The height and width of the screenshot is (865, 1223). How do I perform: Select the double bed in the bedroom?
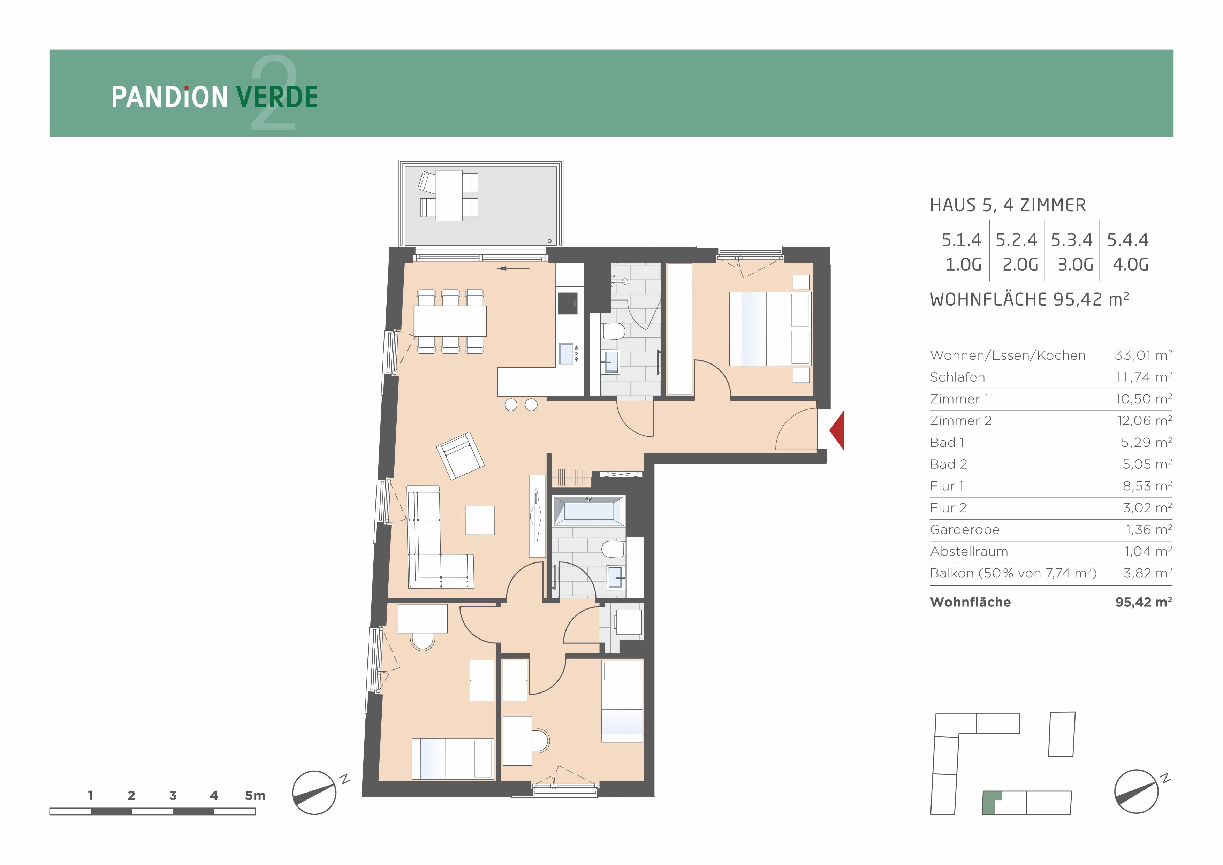(770, 328)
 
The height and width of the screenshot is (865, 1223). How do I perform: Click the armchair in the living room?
(460, 456)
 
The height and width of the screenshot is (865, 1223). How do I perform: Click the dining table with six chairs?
(450, 321)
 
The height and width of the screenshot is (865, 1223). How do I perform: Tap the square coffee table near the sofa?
(480, 520)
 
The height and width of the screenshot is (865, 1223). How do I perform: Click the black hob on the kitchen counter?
(568, 304)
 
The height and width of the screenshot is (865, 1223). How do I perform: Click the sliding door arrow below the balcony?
(514, 268)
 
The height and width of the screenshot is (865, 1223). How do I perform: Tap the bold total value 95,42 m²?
(1144, 602)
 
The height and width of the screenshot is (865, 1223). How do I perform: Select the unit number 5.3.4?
(1071, 240)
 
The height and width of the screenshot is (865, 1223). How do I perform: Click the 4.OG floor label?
(1130, 265)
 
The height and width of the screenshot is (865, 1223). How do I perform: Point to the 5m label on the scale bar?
(255, 796)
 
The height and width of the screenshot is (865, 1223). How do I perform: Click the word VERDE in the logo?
(277, 98)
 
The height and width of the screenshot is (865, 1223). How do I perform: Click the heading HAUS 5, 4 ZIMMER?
(1008, 205)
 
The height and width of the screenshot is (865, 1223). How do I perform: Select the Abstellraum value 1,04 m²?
(1148, 551)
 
